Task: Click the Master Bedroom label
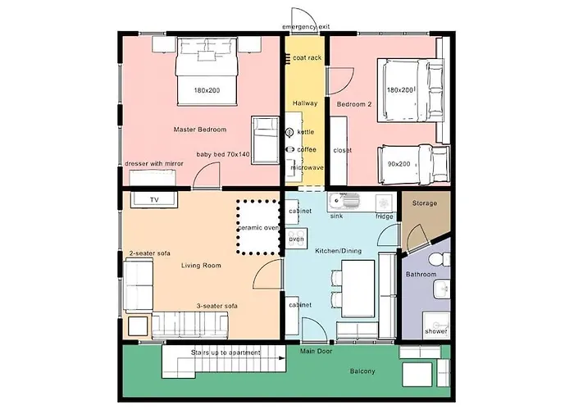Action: (200, 130)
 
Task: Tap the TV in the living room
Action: (153, 199)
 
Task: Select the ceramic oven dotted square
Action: (258, 227)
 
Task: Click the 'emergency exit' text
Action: (306, 27)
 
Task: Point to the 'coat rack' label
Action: (306, 58)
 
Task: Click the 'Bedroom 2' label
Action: (354, 103)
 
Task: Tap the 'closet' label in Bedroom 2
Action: (342, 150)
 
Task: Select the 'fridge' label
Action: (385, 216)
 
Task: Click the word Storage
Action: (424, 203)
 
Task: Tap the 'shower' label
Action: (435, 331)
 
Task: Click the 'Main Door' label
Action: (315, 352)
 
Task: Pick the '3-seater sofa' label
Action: (217, 306)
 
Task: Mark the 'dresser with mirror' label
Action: (153, 163)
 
